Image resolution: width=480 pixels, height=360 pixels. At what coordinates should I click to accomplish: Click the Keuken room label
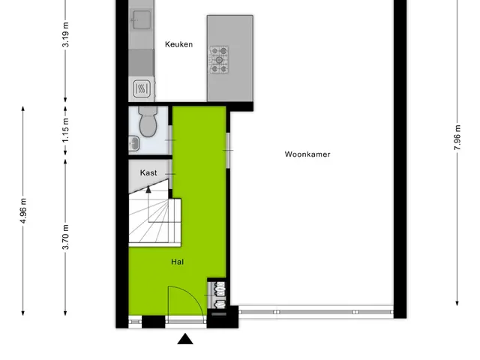178,44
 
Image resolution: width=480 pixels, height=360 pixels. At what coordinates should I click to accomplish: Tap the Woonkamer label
307,154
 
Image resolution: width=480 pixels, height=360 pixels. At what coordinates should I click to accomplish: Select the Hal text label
178,262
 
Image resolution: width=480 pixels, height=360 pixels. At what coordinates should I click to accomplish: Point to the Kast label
148,172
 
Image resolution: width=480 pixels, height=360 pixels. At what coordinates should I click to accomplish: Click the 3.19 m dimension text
65,34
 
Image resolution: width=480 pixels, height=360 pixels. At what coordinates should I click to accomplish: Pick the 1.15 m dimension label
65,130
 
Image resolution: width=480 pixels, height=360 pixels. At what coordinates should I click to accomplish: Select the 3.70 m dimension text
65,237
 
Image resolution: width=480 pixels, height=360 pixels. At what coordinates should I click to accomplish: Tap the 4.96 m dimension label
23,211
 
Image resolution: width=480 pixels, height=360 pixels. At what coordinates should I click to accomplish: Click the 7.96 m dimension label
457,137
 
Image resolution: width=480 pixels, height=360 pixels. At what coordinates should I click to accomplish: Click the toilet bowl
148,121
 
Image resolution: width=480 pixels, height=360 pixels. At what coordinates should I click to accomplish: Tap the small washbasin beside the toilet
133,143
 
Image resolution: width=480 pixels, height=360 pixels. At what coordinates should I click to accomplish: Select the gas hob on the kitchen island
219,60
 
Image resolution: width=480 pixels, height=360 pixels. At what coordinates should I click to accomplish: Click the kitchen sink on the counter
141,20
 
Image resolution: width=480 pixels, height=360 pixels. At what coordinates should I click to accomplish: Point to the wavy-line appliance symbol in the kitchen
142,88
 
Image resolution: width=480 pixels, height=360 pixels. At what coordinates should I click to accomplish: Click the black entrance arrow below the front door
185,339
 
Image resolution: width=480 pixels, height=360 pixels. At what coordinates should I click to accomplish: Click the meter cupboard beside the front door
217,295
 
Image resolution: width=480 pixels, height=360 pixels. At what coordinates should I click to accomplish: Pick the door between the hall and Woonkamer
228,150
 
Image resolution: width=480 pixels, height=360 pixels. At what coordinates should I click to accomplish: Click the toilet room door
170,140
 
